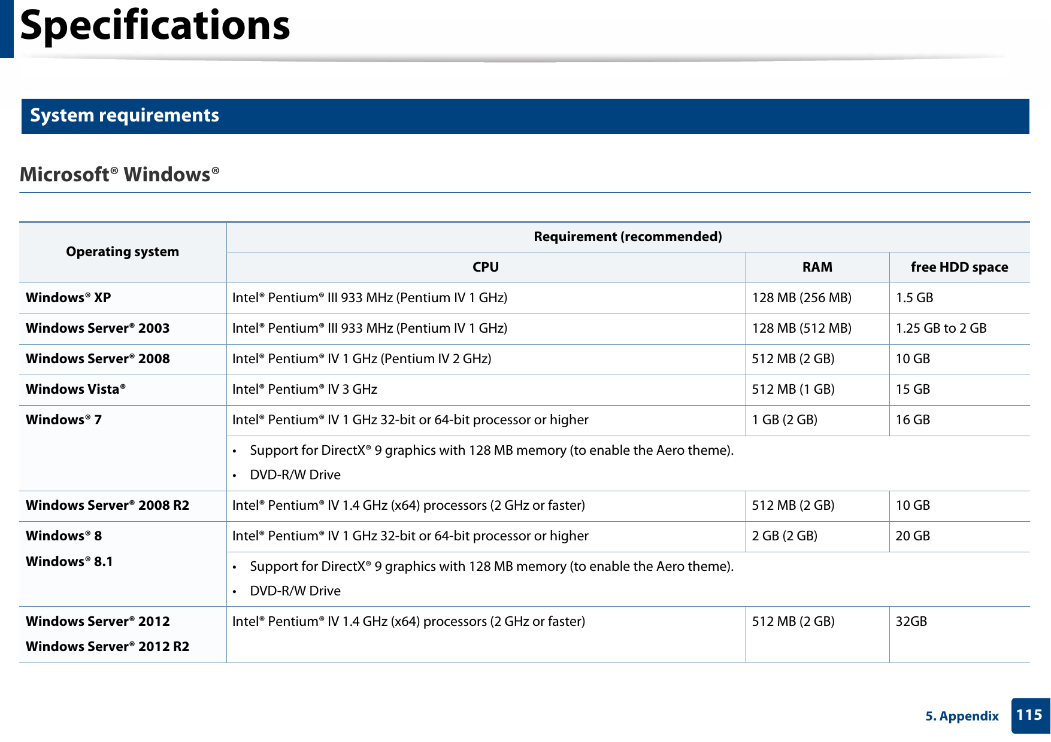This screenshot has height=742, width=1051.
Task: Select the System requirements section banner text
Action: pyautogui.click(x=125, y=115)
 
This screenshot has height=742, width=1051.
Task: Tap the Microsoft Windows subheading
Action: pyautogui.click(x=120, y=175)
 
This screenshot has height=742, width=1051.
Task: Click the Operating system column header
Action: pyautogui.click(x=122, y=252)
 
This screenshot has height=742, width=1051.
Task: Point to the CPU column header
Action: pyautogui.click(x=485, y=267)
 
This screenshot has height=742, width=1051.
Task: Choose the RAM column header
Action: pyautogui.click(x=817, y=267)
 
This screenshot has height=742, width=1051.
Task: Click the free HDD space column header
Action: pyautogui.click(x=959, y=267)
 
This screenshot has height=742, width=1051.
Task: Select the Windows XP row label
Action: pyautogui.click(x=68, y=298)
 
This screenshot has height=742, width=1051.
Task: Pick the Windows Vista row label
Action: pyautogui.click(x=75, y=390)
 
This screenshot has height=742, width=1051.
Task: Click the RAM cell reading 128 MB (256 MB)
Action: pyautogui.click(x=801, y=298)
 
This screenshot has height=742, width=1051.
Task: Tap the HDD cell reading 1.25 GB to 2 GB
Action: pyautogui.click(x=941, y=329)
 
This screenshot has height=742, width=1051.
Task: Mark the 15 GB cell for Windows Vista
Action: pyautogui.click(x=913, y=390)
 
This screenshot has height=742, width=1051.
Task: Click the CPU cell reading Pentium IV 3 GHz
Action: pyautogui.click(x=305, y=390)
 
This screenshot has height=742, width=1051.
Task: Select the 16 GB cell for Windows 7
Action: pyautogui.click(x=913, y=420)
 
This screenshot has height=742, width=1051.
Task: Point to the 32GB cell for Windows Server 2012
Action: pyautogui.click(x=911, y=622)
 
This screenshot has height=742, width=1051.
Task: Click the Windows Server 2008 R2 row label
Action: pyautogui.click(x=107, y=506)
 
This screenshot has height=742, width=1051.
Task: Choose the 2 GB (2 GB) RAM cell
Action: pyautogui.click(x=785, y=536)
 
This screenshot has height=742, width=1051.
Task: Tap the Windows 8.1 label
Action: pyautogui.click(x=69, y=562)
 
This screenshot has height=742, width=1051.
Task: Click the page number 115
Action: pyautogui.click(x=1029, y=715)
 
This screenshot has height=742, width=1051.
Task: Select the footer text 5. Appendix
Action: pyautogui.click(x=962, y=716)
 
